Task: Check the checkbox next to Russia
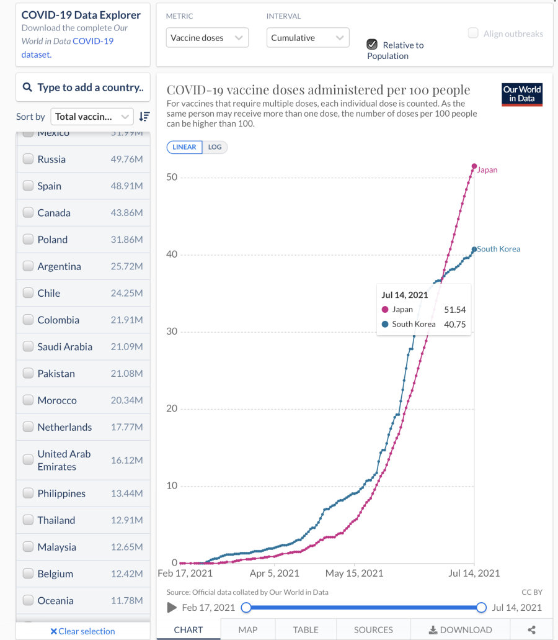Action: click(28, 159)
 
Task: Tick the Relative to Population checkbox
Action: click(372, 44)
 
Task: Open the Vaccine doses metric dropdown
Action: click(207, 38)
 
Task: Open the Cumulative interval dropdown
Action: click(308, 38)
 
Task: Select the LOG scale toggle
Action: click(215, 147)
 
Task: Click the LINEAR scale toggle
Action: click(184, 147)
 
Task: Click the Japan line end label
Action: click(487, 170)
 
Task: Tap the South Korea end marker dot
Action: click(474, 249)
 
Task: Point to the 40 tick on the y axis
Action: click(171, 255)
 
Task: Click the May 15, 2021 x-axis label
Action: click(354, 574)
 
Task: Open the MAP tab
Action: click(248, 629)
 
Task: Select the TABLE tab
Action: click(306, 629)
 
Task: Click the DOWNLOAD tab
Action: click(461, 629)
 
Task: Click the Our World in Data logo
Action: click(522, 94)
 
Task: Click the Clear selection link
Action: click(82, 631)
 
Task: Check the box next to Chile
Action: click(28, 293)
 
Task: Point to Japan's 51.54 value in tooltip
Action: click(454, 309)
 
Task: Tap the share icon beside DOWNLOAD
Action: click(531, 629)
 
